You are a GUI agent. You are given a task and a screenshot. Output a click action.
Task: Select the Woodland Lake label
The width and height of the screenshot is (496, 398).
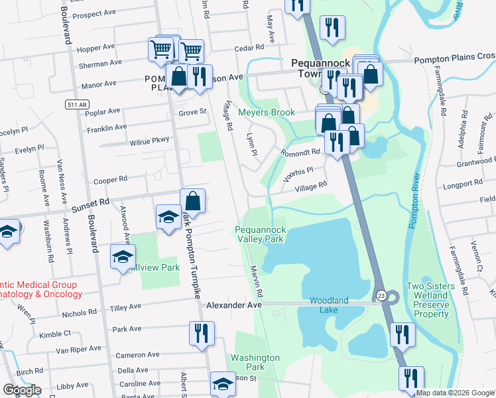coord(329,300)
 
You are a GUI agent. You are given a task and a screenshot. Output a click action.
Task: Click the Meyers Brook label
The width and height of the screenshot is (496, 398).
coord(267,112)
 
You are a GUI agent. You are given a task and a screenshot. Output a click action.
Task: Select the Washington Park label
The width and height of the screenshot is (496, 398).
coord(255,362)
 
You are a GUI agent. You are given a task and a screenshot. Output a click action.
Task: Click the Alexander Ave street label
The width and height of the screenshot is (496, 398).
coord(234,305)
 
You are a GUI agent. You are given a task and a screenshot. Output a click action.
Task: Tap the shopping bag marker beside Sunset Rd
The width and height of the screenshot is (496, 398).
coord(192,200)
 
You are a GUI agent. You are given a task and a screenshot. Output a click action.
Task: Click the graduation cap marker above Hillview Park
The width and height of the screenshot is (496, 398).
coord(123,257)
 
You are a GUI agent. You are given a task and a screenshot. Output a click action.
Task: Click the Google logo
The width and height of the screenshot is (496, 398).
coord(23,390)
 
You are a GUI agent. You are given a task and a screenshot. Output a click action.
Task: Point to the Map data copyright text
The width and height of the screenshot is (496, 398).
coord(455,393)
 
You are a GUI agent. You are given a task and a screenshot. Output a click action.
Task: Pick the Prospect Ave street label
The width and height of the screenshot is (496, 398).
coord(98,13)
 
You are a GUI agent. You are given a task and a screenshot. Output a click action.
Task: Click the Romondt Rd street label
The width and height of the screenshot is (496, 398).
coord(300,151)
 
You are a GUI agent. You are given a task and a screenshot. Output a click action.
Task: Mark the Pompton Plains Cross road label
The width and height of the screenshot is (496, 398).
coord(454,60)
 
